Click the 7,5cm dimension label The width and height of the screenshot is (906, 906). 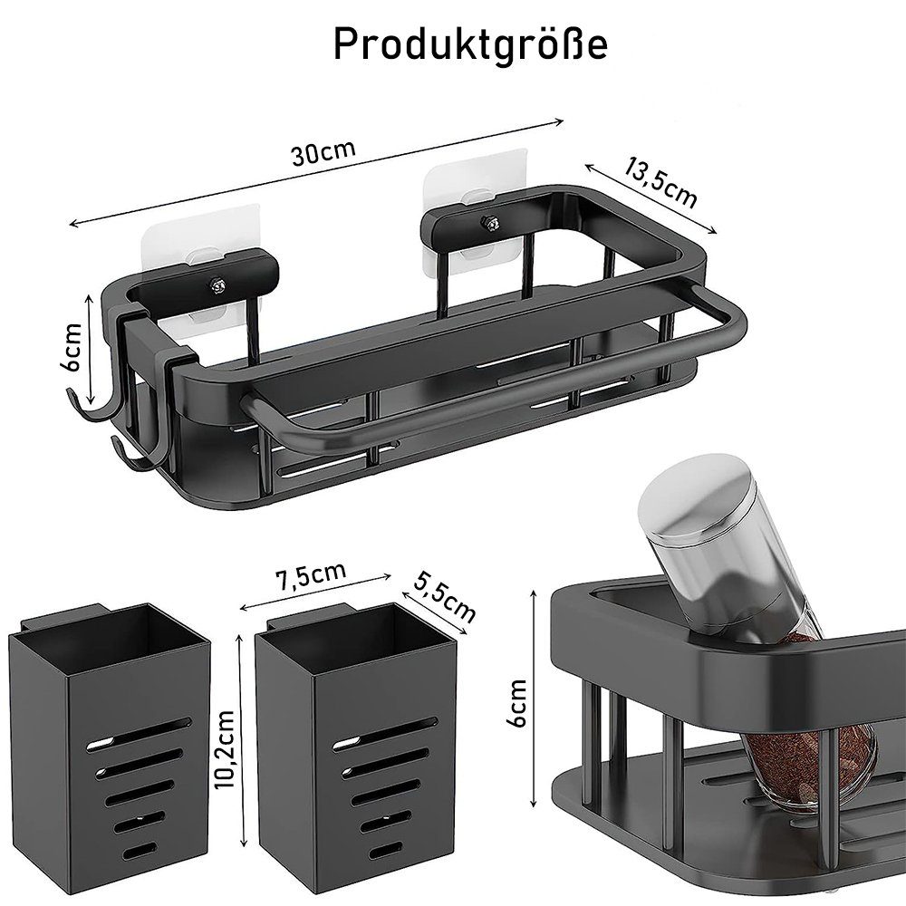tap(312, 575)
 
